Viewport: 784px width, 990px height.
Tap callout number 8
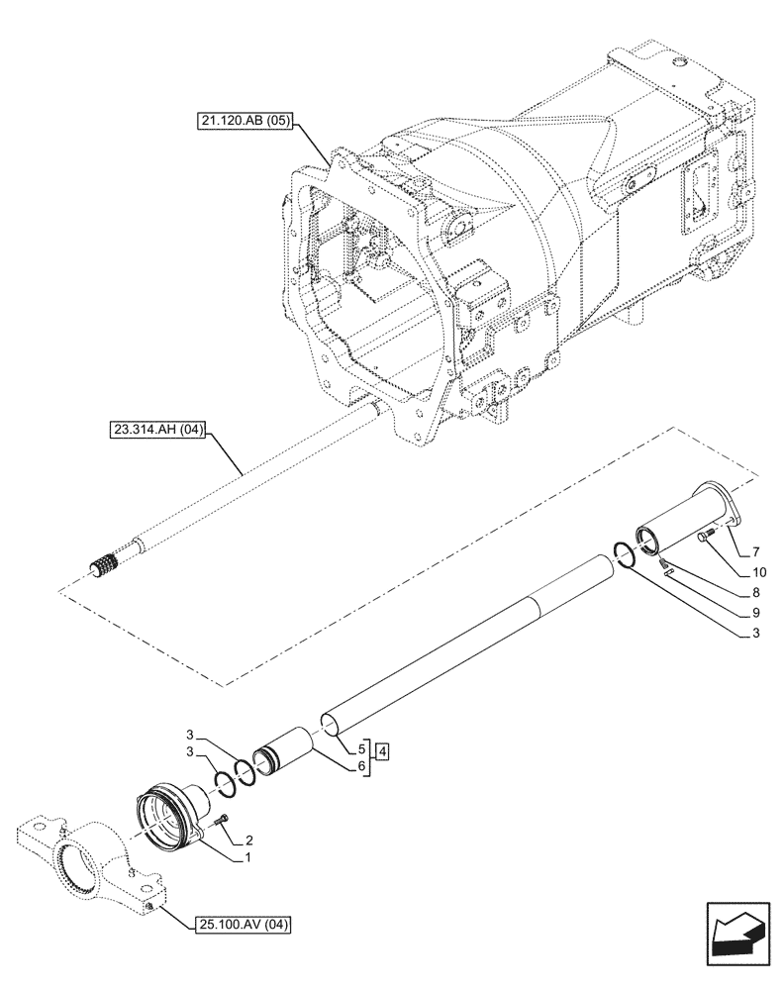756,592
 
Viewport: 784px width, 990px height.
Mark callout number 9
756,613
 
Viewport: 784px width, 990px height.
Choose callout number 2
248,838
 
